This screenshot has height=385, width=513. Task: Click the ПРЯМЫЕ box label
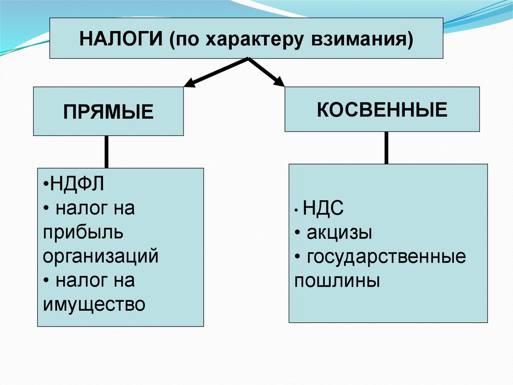pyautogui.click(x=108, y=111)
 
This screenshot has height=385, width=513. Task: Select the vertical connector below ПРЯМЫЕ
pyautogui.click(x=106, y=152)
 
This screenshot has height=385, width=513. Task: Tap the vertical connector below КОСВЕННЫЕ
pyautogui.click(x=386, y=148)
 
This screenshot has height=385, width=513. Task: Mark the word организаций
pyautogui.click(x=101, y=256)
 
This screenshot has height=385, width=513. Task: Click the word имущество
pyautogui.click(x=94, y=304)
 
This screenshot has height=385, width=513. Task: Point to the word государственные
pyautogui.click(x=386, y=257)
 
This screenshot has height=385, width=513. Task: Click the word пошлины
pyautogui.click(x=337, y=281)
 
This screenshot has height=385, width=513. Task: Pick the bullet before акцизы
pyautogui.click(x=298, y=233)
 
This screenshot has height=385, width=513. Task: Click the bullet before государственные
pyautogui.click(x=298, y=257)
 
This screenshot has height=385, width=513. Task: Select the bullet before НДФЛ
pyautogui.click(x=46, y=184)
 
